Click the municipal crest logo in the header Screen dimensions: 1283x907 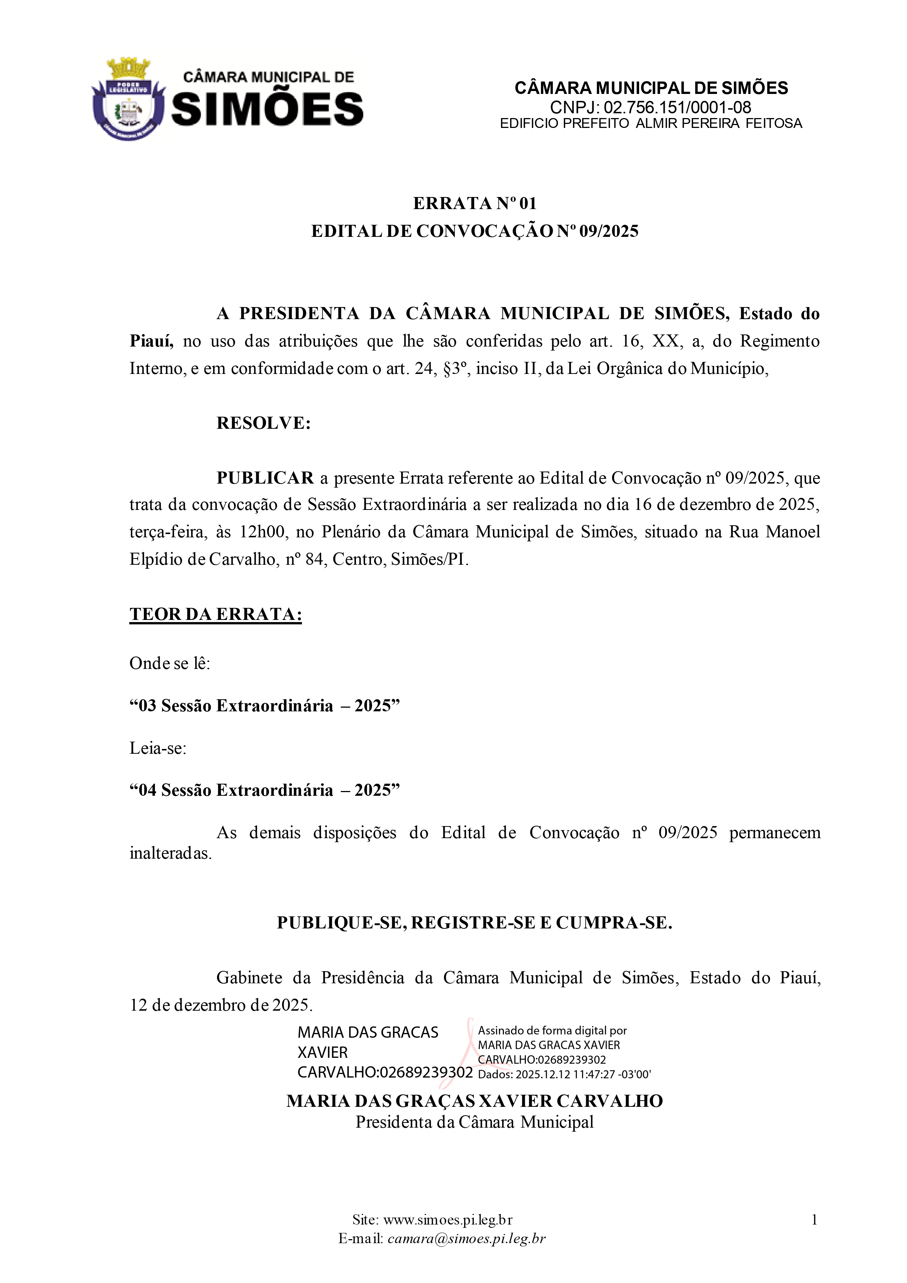coord(128,99)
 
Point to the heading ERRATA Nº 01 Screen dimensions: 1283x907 coord(475,203)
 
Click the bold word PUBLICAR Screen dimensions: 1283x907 coord(265,478)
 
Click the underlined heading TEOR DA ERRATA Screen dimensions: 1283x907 coord(216,614)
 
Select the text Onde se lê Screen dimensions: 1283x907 coord(170,663)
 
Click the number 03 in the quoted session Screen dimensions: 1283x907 coord(147,706)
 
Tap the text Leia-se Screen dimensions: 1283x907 coord(158,748)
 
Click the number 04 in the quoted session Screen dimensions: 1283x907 coord(147,790)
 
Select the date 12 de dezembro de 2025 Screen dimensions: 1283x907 coord(221,1005)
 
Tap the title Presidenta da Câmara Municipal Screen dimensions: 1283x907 coord(474,1122)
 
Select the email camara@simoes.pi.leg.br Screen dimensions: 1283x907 coord(466,1238)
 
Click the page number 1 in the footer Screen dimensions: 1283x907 coord(814,1220)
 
